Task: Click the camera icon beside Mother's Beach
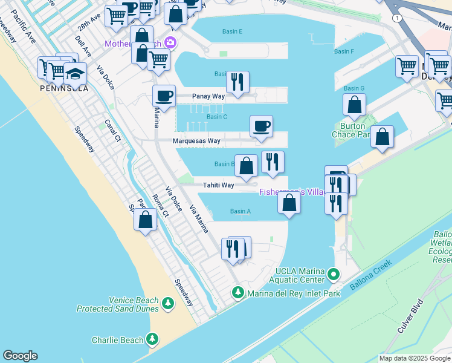[x=170, y=42]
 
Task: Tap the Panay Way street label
[x=208, y=96]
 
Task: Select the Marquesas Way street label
[x=196, y=141]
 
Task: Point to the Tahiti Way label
[x=219, y=185]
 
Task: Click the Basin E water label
[x=232, y=31]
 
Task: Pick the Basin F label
[x=344, y=51]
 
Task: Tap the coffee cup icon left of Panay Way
[x=164, y=95]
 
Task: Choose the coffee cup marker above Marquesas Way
[x=261, y=126]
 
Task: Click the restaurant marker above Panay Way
[x=237, y=80]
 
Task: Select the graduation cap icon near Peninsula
[x=76, y=73]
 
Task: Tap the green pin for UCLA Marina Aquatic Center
[x=332, y=276]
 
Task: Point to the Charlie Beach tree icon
[x=153, y=339]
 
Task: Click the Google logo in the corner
[x=20, y=356]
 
